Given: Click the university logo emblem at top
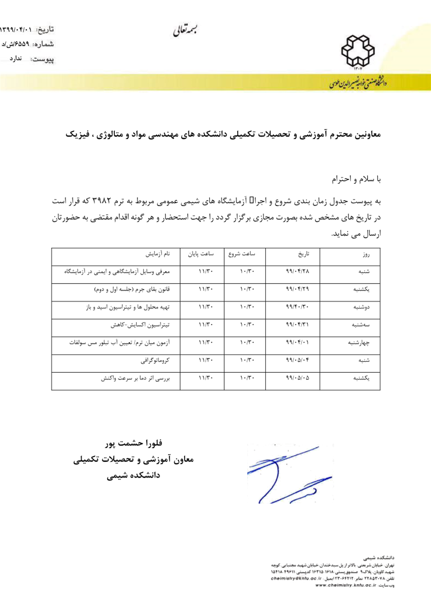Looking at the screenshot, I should [x=357, y=51].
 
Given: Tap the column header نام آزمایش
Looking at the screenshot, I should [x=158, y=254].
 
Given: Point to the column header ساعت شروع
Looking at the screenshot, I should [x=242, y=254].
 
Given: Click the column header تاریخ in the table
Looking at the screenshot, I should [x=303, y=254].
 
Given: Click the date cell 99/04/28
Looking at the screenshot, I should [x=297, y=271].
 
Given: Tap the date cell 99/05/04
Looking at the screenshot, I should [x=297, y=360].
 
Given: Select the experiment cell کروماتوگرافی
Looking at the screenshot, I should [x=155, y=361].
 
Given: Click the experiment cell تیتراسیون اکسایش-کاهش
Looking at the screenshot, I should [x=140, y=325].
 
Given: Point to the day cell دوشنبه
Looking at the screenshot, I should [x=361, y=308].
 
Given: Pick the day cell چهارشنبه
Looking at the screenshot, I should [x=359, y=343].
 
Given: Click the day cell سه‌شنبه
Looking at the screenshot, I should [x=361, y=325].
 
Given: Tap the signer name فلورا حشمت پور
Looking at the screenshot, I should [x=133, y=443].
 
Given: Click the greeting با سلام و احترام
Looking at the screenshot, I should [x=356, y=179].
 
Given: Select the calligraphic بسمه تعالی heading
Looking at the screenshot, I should [x=185, y=30].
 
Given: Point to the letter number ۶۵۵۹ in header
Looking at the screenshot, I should [x=22, y=44].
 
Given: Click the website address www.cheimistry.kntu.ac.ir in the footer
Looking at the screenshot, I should [x=346, y=586].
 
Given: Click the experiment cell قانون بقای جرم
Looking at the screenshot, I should [x=132, y=289].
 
